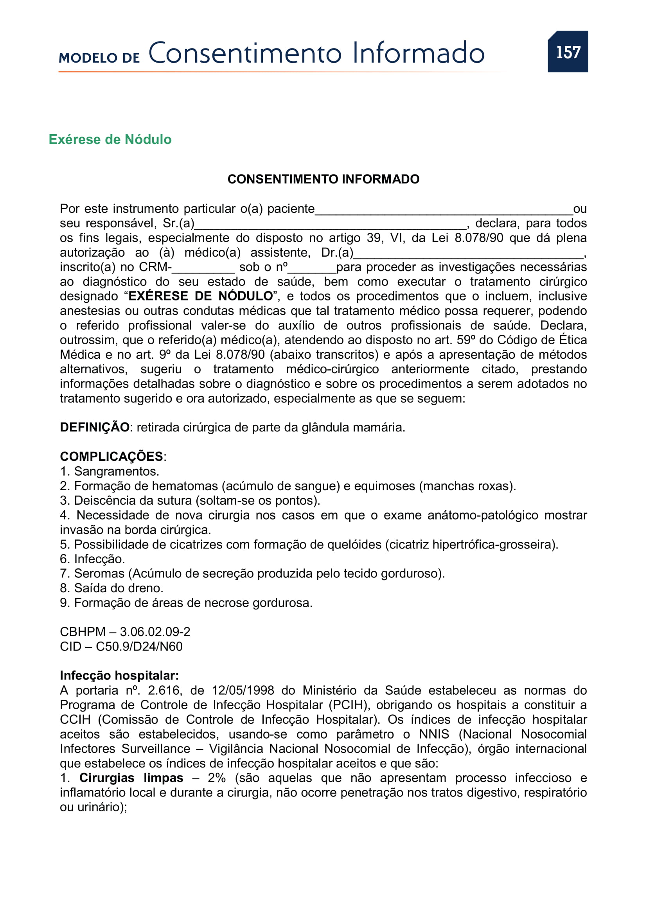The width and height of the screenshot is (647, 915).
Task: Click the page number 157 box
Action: [568, 52]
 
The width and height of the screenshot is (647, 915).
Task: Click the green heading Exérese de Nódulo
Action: [110, 140]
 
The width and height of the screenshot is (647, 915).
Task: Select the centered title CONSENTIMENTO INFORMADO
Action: [323, 179]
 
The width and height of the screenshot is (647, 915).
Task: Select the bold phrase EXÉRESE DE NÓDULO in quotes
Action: [200, 296]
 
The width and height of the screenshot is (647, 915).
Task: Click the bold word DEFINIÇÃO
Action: [94, 427]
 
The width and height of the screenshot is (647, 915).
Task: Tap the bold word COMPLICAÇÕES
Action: [111, 456]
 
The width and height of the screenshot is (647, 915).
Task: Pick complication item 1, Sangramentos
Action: [110, 471]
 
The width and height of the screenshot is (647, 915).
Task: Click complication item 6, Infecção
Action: [92, 559]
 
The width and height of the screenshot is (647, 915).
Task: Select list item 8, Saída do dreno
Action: [111, 588]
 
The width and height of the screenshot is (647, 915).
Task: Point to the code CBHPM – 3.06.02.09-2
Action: [125, 632]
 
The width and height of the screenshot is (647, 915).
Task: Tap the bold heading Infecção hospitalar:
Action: [119, 676]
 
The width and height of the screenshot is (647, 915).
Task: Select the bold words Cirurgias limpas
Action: [131, 778]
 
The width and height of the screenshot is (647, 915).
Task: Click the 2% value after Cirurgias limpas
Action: [217, 778]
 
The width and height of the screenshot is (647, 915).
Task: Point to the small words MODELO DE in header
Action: [99, 58]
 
